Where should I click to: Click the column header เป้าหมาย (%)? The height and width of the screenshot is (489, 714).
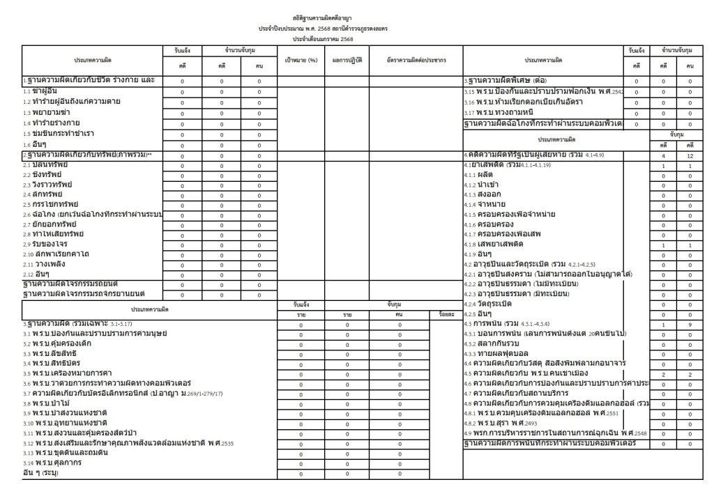(x=301, y=61)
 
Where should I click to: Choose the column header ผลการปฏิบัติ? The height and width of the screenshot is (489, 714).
(x=347, y=61)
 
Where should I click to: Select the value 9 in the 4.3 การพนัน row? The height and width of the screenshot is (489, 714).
(x=690, y=325)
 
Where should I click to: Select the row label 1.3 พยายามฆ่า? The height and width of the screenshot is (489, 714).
(x=46, y=111)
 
